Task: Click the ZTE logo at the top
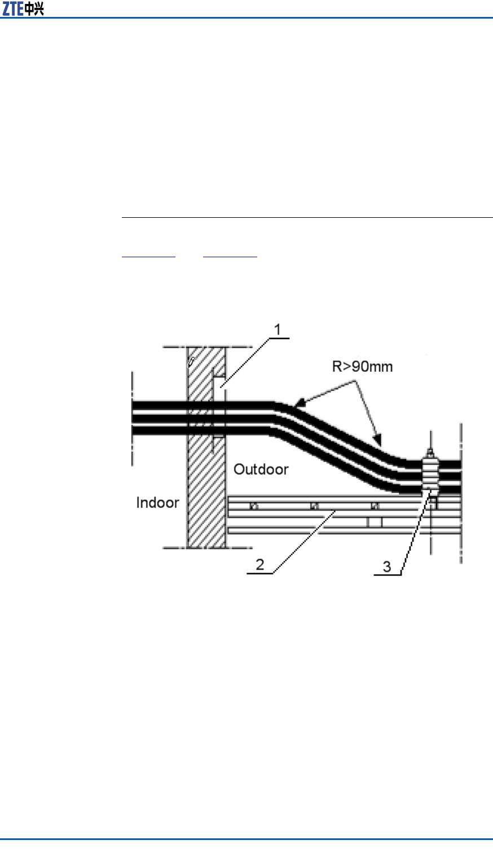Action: coord(23,8)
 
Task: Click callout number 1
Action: coord(278,329)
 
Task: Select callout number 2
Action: coord(259,564)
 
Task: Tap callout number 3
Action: coord(387,566)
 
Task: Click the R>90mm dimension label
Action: coord(362,367)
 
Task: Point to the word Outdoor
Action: coord(261,469)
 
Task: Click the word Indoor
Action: coord(157,503)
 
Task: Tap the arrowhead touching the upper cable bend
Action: coord(299,404)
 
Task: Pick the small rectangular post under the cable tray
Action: coord(375,523)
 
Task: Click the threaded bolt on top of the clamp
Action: coord(430,451)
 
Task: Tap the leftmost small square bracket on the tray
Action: coord(253,506)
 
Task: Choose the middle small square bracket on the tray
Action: coord(314,506)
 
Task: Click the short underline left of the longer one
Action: coord(149,257)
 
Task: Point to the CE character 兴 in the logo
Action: coord(38,9)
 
